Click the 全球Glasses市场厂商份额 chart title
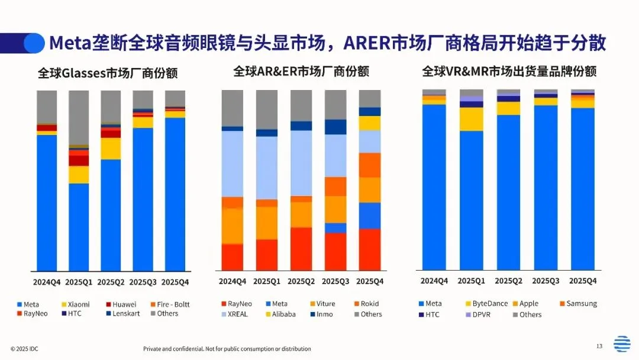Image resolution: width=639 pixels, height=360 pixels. point(108,73)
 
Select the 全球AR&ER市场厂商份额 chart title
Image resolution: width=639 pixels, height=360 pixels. point(301,72)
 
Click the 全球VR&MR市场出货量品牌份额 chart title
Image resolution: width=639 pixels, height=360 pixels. point(509,72)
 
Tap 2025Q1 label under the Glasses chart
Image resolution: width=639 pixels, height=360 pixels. point(79,282)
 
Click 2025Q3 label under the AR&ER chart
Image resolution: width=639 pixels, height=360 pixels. point(335,281)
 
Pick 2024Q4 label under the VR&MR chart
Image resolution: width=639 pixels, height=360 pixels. point(434,281)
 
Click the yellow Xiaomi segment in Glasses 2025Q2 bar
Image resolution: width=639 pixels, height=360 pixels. point(111,148)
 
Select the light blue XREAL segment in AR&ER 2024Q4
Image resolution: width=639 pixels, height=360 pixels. point(233,163)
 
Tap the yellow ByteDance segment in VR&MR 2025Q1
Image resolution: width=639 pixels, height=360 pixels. point(472,119)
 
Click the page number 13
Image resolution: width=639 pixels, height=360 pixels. point(599,346)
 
